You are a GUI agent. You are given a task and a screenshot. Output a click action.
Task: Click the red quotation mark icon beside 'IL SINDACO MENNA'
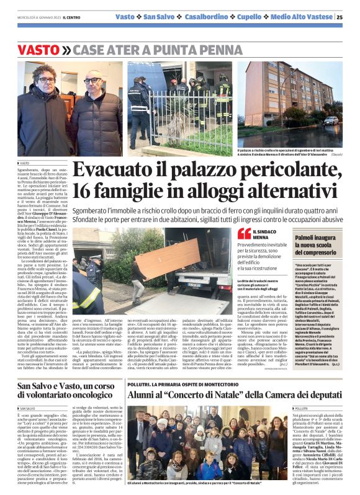point(245,234)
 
